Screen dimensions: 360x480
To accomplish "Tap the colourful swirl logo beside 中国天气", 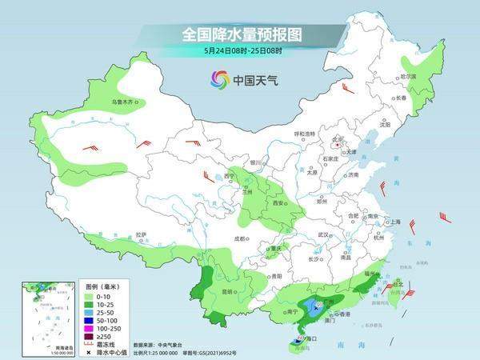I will click(219, 78).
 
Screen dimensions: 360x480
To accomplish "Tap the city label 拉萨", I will click(141, 234).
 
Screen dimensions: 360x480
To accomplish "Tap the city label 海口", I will click(306, 339).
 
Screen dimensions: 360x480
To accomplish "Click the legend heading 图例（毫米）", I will click(103, 286).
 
